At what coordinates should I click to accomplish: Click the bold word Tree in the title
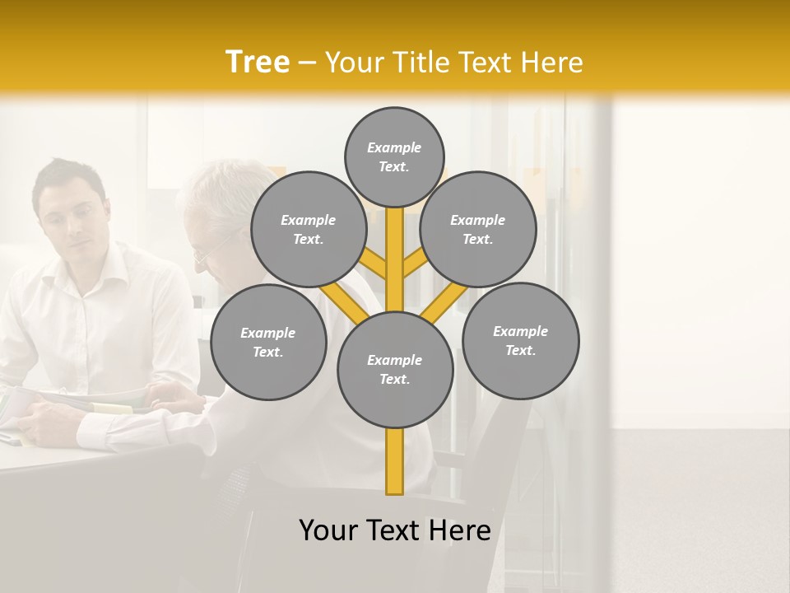point(258,62)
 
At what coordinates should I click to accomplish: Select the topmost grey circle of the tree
point(394,156)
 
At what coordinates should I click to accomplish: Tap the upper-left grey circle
point(309,229)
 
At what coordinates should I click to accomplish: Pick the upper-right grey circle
point(478,229)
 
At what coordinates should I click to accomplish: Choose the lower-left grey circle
point(268,342)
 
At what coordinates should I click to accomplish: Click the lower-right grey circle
point(520,340)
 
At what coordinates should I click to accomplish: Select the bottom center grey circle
point(395,369)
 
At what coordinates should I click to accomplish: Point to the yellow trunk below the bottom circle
point(395,461)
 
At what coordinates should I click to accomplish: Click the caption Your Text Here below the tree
point(395,530)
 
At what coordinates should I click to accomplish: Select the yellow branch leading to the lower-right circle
point(443,303)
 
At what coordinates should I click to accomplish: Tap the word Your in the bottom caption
point(328,530)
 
